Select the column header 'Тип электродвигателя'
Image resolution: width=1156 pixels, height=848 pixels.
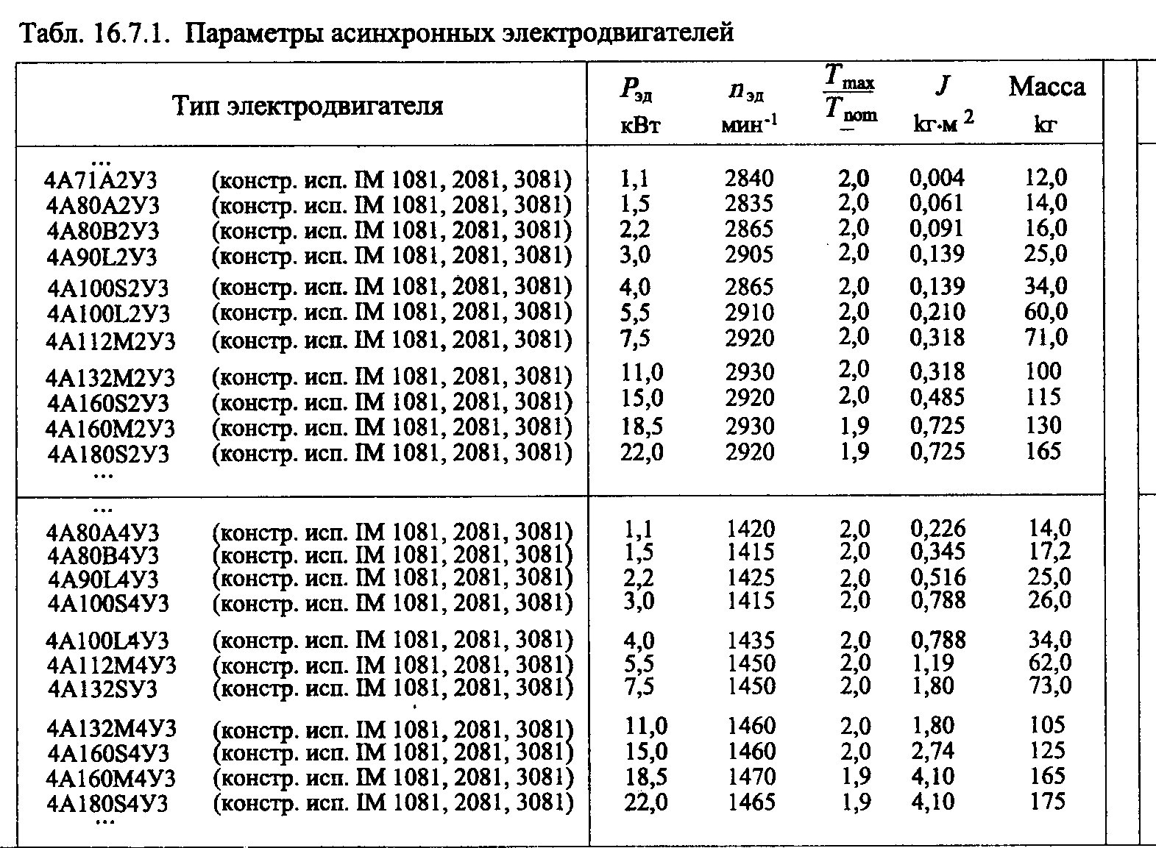pyautogui.click(x=308, y=105)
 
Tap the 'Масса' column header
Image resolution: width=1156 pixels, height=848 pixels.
pyautogui.click(x=1046, y=87)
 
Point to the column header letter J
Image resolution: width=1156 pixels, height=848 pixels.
pyautogui.click(x=942, y=86)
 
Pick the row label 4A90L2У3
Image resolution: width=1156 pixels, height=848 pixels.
pyautogui.click(x=102, y=257)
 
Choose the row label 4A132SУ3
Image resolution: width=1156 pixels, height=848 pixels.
pyautogui.click(x=102, y=689)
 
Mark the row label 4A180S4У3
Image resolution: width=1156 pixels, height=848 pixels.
pyautogui.click(x=107, y=804)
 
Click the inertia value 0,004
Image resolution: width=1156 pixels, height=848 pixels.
pyautogui.click(x=937, y=178)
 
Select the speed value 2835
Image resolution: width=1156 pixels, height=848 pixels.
pyautogui.click(x=749, y=203)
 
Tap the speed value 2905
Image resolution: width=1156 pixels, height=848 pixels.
pyautogui.click(x=749, y=254)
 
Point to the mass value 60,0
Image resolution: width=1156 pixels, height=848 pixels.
pyautogui.click(x=1046, y=313)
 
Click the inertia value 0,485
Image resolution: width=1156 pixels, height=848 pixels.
pyautogui.click(x=937, y=398)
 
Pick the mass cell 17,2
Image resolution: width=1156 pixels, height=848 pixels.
pyautogui.click(x=1049, y=552)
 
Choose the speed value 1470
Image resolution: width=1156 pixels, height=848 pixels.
pyautogui.click(x=751, y=777)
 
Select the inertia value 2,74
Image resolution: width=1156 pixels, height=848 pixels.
pyautogui.click(x=932, y=751)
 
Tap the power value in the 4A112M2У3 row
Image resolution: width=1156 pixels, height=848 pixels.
pyautogui.click(x=635, y=338)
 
